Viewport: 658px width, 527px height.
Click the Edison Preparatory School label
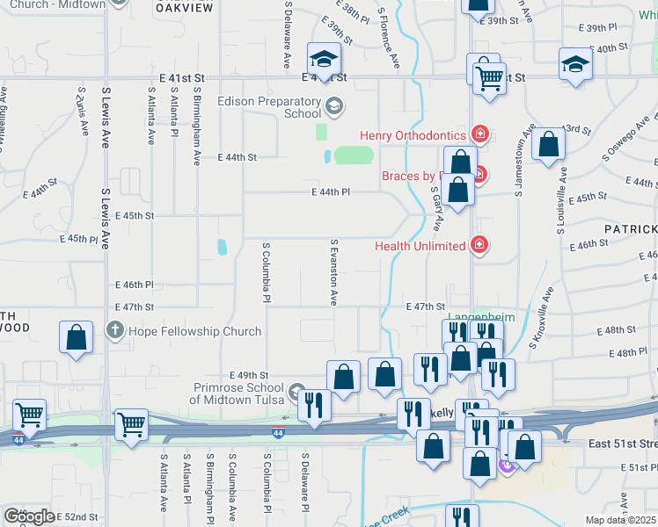pyautogui.click(x=269, y=107)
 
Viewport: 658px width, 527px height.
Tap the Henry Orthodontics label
pyautogui.click(x=413, y=135)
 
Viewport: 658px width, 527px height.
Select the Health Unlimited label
pyautogui.click(x=420, y=246)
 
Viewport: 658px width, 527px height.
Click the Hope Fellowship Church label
pyautogui.click(x=194, y=331)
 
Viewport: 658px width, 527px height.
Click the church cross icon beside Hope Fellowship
pyautogui.click(x=114, y=331)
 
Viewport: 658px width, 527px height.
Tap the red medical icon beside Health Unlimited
pyautogui.click(x=479, y=244)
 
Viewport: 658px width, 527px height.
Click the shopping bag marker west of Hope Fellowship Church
pyautogui.click(x=77, y=337)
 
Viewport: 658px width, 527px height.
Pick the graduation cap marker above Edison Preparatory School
pyautogui.click(x=323, y=60)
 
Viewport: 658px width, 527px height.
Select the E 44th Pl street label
pyautogui.click(x=331, y=191)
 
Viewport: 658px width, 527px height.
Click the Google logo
pyautogui.click(x=29, y=516)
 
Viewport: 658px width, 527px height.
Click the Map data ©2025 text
pyautogui.click(x=619, y=520)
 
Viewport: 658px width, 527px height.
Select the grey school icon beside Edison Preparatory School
pyautogui.click(x=333, y=107)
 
